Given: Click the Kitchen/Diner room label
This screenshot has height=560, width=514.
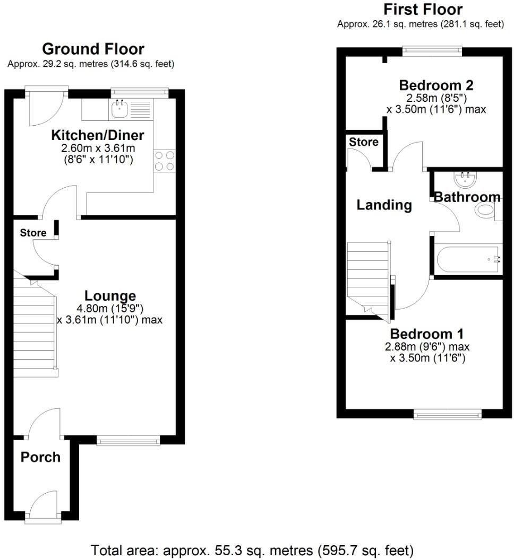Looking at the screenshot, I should tap(97, 135).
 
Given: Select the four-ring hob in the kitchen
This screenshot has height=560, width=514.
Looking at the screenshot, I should tap(164, 161).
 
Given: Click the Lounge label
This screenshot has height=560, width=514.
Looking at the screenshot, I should tap(110, 296).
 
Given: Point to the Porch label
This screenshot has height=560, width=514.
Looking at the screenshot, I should tap(40, 457).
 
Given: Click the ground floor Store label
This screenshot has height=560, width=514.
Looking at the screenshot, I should tap(33, 233).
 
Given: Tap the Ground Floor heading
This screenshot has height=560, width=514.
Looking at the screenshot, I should tap(93, 49).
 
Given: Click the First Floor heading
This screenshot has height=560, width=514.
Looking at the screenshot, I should tap(423, 10).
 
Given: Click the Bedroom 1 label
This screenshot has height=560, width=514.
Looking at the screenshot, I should tap(427, 334).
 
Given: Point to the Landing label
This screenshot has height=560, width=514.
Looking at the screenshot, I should tap(384, 205).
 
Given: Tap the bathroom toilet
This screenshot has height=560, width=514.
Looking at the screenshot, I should tap(485, 210).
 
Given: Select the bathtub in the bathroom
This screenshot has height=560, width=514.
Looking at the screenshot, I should tap(468, 259).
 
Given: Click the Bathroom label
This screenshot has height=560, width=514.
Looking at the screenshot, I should tap(467, 197).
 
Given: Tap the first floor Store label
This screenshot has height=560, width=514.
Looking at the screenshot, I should tap(364, 142).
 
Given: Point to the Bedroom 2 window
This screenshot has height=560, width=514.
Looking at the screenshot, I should tap(432, 51).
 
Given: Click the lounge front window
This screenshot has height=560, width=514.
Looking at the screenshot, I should tap(128, 440).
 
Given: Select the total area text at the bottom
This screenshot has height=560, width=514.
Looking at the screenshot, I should tap(252, 549).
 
